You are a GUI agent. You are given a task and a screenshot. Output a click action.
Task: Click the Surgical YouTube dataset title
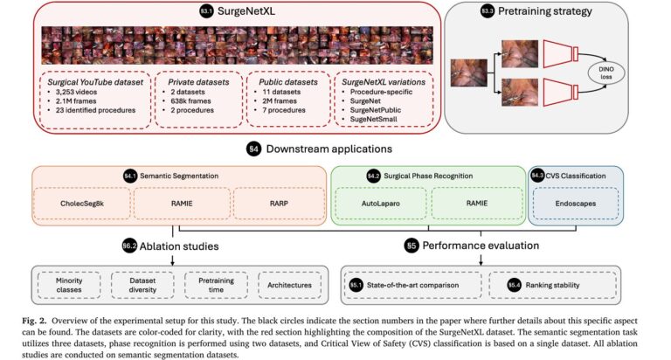pyautogui.click(x=93, y=80)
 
